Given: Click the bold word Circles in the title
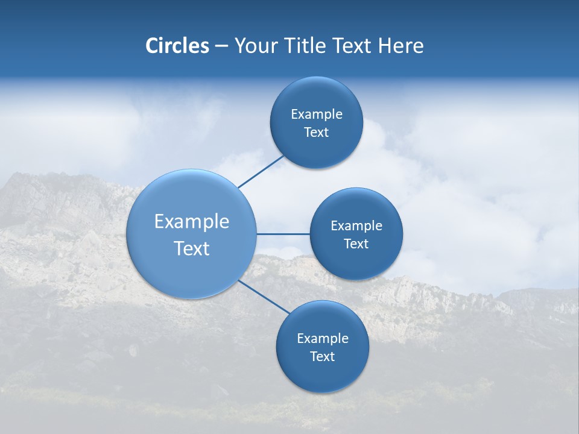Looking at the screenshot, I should [x=177, y=46].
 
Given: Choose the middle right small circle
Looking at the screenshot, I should [x=356, y=262].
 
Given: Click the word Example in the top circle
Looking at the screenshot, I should [x=316, y=115].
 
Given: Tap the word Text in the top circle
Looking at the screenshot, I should [x=316, y=133].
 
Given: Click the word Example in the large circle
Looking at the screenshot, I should [x=191, y=221].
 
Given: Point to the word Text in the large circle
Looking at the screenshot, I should [x=191, y=248].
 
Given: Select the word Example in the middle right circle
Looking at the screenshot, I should [x=356, y=226].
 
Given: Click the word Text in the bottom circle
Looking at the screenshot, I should [x=322, y=357].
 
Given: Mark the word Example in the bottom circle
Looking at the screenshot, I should [x=322, y=339].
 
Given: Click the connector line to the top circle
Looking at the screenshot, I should [x=261, y=172].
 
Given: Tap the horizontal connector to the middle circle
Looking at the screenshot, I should [x=283, y=234].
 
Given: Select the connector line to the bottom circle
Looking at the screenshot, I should [x=264, y=297].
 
